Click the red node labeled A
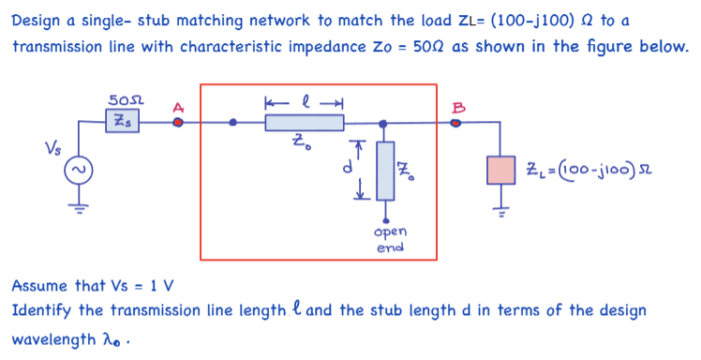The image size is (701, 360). [x=178, y=122]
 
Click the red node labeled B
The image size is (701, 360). [x=456, y=122]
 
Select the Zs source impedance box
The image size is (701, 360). [x=122, y=121]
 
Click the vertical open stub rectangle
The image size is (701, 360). [x=384, y=170]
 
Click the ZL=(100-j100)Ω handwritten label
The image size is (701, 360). [x=581, y=170]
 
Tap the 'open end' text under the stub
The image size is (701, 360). [x=388, y=239]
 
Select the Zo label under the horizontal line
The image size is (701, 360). [x=298, y=144]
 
